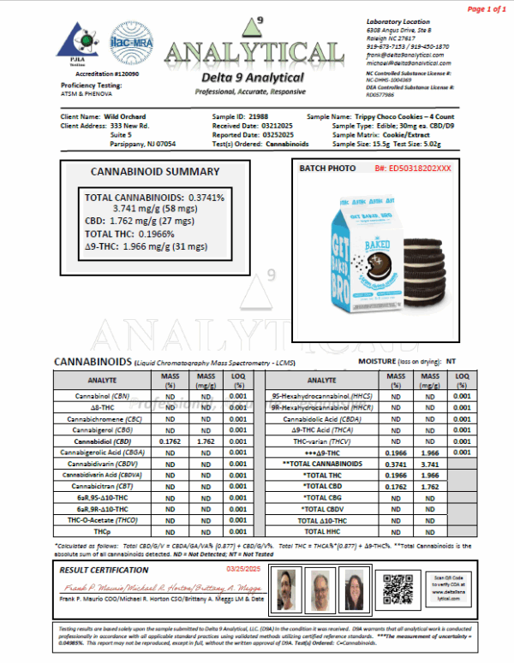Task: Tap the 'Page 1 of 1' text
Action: click(486, 9)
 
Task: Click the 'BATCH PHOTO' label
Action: click(326, 169)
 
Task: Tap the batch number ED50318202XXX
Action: click(412, 169)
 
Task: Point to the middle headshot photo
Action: click(320, 589)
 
